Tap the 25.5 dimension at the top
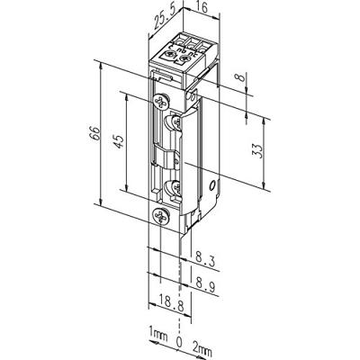(x=163, y=15)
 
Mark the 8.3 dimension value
(x=202, y=260)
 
